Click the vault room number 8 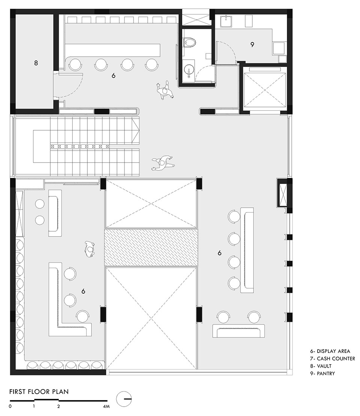tap(36, 63)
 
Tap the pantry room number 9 tap(252, 45)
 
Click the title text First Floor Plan tap(39, 392)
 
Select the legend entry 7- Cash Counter tap(333, 359)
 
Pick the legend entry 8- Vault tap(321, 366)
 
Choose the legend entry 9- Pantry tap(322, 374)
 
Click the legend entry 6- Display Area tap(330, 351)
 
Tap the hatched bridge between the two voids tap(151, 247)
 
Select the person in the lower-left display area tap(90, 249)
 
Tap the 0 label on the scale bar tap(10, 406)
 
